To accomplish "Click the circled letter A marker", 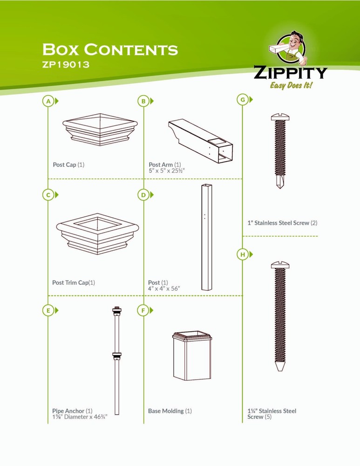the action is pos(48,101).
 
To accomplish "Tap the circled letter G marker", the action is pos(243,100).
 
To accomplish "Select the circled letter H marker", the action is pos(243,254).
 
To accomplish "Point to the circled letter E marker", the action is pos(48,310).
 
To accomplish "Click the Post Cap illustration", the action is pos(100,130).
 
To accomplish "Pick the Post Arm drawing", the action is pos(201,141).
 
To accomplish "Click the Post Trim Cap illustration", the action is pos(97,234).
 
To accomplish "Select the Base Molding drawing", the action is pos(192,356).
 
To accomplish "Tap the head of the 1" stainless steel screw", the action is pos(280,117).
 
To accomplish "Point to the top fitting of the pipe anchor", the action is pos(117,311).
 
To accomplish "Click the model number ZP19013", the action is pos(66,64).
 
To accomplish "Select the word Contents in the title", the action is pos(131,49).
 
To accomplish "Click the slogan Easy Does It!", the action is pos(291,86).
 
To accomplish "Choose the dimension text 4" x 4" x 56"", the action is pos(164,288).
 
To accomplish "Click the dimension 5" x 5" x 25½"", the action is pos(167,171).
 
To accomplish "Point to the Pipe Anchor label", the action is pos(68,411).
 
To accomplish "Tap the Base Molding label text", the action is pos(166,411).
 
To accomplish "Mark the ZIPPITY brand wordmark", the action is pos(291,73).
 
